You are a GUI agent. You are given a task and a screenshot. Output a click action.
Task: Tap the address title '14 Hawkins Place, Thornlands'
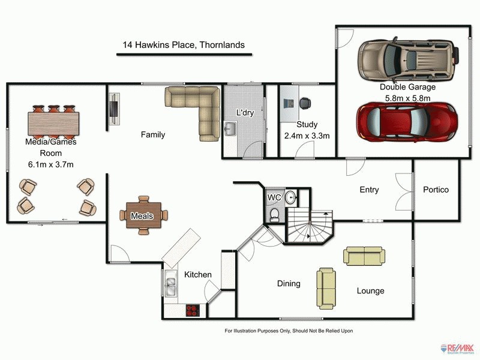[184, 45]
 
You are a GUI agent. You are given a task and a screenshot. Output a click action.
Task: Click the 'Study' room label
[307, 125]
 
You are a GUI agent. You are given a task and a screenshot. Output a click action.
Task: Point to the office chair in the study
[305, 103]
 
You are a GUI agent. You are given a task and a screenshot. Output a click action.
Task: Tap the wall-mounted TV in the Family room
[113, 109]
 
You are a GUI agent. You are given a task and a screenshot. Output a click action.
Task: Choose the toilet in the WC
[274, 215]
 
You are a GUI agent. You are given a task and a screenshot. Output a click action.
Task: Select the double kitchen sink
[170, 285]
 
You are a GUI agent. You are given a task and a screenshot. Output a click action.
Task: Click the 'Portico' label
[436, 190]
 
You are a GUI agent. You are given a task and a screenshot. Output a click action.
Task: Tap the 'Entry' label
[369, 190]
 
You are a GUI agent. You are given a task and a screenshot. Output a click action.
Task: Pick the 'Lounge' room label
[370, 291]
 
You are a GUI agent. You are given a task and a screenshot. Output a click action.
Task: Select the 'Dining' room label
[289, 283]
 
